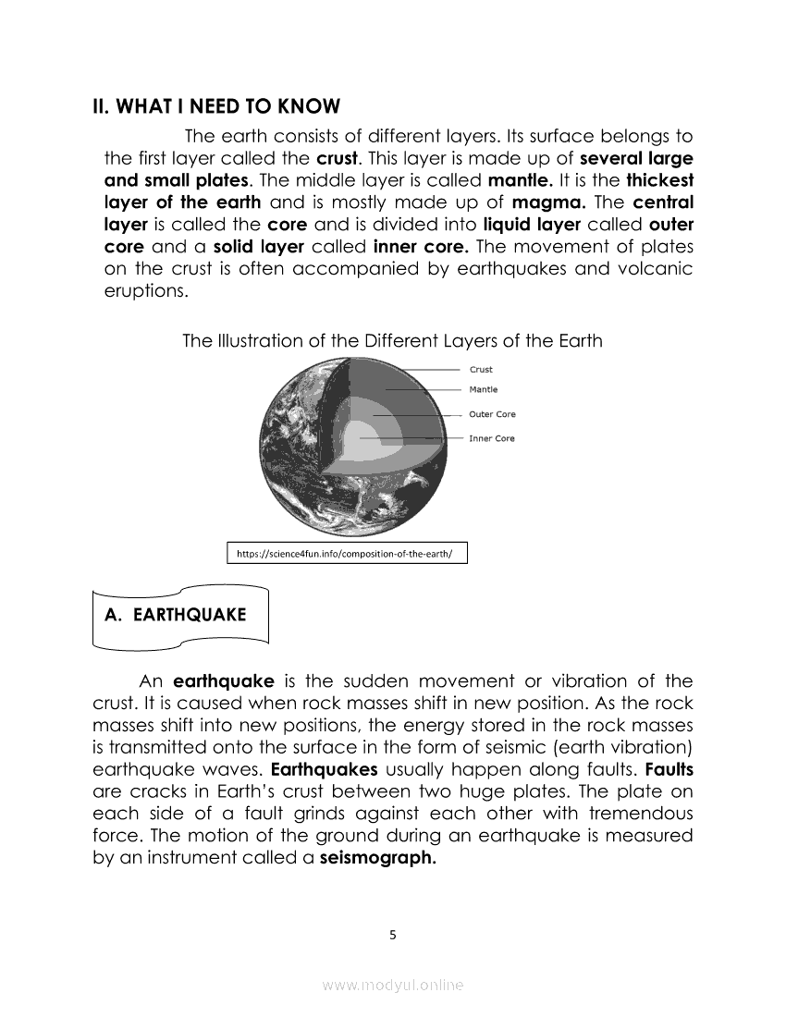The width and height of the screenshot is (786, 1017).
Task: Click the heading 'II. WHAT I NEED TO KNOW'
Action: point(216,106)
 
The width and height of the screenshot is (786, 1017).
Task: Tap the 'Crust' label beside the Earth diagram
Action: point(481,370)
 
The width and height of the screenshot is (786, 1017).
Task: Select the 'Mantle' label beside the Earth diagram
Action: point(484,389)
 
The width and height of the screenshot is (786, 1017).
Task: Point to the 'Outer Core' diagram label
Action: point(492,414)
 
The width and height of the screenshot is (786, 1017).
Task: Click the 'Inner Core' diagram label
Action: point(492,438)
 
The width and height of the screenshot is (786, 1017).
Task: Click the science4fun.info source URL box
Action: point(347,554)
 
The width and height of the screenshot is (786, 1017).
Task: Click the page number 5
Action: point(393,935)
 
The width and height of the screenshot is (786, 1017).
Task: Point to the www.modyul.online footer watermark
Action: point(393,986)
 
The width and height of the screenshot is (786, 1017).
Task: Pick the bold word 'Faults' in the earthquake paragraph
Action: point(669,769)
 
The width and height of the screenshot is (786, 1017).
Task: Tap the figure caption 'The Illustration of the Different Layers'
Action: point(392,341)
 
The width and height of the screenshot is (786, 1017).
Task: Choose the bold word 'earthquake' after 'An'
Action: point(224,681)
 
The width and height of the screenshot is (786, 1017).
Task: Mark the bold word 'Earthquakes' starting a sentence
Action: point(324,769)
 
